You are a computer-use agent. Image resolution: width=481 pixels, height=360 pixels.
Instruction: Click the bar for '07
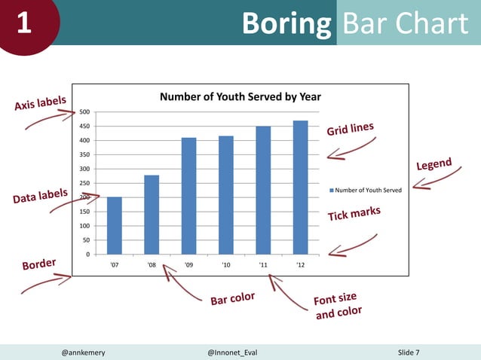pos(115,225)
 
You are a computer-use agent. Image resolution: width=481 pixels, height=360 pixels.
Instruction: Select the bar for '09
pos(188,196)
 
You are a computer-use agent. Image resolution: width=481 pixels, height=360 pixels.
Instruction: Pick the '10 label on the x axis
pos(225,265)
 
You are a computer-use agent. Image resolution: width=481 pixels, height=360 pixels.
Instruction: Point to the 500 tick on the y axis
pos(85,112)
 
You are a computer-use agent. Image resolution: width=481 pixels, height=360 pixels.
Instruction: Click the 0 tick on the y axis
pos(88,254)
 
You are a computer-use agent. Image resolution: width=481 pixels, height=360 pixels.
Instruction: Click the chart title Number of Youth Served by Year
pos(240,96)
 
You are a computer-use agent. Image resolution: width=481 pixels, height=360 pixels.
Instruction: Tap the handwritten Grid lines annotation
pos(350,129)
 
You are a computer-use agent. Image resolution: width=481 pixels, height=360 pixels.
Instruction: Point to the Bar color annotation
pos(232,299)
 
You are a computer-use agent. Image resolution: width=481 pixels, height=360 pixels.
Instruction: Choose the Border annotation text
pos(39,265)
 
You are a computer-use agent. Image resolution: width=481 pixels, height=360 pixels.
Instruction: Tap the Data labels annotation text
pos(40,197)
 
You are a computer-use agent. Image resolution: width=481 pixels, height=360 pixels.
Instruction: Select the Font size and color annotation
pos(337,304)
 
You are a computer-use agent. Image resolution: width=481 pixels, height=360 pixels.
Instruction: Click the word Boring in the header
pos(286,24)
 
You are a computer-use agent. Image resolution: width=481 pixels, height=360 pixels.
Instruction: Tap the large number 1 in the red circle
pos(23,24)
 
